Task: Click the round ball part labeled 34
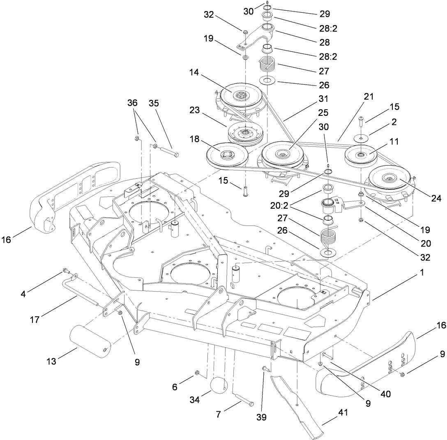pos(219,387)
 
